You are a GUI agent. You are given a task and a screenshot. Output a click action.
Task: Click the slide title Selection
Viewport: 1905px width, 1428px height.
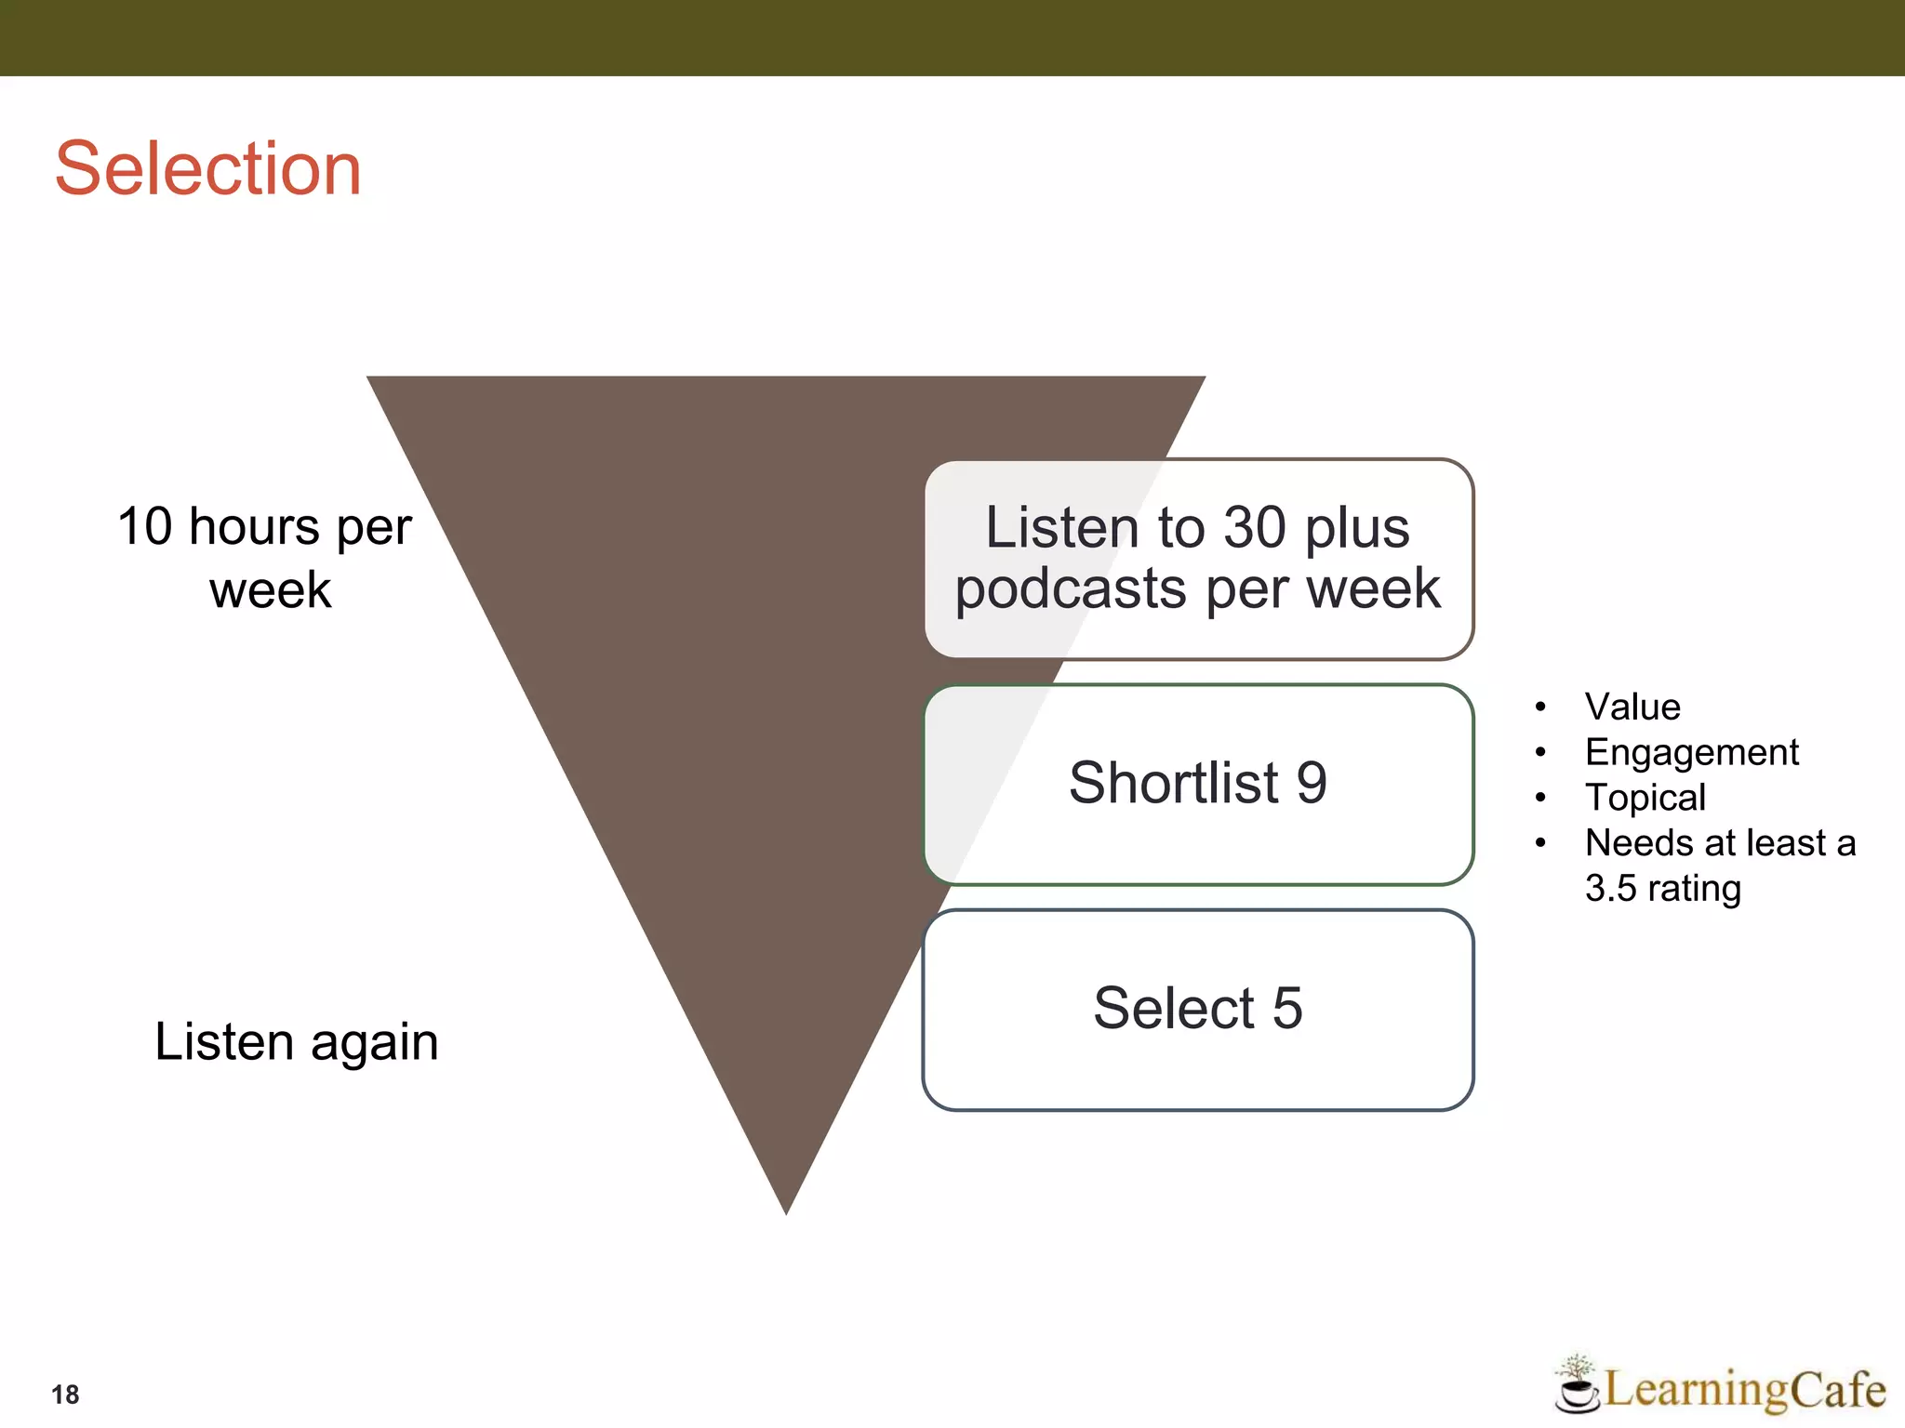[x=207, y=169]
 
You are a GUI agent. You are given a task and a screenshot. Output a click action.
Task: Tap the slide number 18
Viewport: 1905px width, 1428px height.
[x=65, y=1395]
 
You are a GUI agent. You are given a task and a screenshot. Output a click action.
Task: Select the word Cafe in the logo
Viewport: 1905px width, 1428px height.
[x=1838, y=1390]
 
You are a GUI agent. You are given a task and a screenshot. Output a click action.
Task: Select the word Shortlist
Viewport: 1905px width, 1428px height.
[x=1174, y=783]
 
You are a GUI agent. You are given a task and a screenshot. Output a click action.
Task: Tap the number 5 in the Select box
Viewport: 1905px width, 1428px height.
[x=1287, y=1009]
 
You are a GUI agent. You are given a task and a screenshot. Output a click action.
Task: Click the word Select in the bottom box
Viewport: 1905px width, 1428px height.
[x=1174, y=1009]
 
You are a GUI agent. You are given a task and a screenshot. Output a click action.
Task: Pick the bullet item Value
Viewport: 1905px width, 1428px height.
[x=1632, y=707]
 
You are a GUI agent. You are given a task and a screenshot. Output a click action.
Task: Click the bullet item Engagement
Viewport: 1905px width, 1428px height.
[x=1691, y=752]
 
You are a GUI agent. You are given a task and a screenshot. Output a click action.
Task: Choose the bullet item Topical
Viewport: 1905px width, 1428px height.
[x=1645, y=798]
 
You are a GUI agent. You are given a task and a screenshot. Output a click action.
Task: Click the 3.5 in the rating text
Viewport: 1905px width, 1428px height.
[x=1610, y=889]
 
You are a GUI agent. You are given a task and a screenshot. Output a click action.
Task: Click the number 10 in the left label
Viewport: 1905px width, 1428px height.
[x=145, y=526]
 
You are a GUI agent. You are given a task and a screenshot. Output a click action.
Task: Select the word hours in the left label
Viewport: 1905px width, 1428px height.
[x=254, y=526]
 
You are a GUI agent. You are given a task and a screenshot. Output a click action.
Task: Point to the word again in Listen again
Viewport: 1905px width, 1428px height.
[x=374, y=1042]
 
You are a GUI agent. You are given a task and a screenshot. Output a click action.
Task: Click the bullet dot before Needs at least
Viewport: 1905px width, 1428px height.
[x=1540, y=843]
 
